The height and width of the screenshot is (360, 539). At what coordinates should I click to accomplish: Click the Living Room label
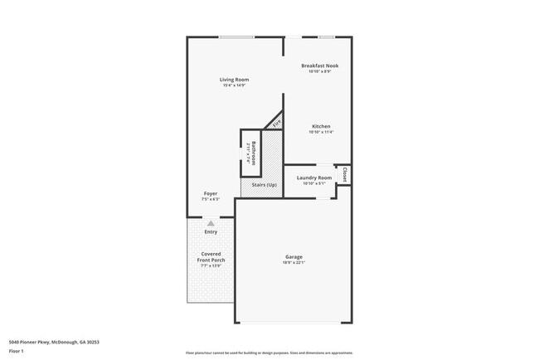click(x=234, y=80)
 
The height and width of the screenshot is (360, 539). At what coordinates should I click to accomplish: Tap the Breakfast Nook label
click(x=319, y=66)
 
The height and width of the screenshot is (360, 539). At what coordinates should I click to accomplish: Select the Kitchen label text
click(x=320, y=127)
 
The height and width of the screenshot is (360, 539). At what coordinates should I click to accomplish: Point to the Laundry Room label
click(x=314, y=178)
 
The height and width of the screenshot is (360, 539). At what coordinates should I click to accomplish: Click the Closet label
click(x=345, y=175)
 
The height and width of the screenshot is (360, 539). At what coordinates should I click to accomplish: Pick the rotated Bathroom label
click(x=255, y=153)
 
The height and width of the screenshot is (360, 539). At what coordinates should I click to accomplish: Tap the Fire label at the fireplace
click(x=277, y=124)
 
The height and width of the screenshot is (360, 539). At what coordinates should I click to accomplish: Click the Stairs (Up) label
click(x=264, y=184)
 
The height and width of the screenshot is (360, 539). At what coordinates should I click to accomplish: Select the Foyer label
click(x=211, y=193)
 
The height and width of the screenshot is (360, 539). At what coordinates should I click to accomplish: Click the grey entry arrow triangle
click(x=211, y=223)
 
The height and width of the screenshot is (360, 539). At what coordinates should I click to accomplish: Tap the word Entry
click(x=211, y=231)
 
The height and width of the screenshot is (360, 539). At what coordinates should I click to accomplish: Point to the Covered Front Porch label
click(x=211, y=257)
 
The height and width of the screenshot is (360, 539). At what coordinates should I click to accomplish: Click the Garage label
click(x=294, y=257)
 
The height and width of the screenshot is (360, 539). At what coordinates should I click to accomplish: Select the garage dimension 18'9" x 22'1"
click(x=294, y=263)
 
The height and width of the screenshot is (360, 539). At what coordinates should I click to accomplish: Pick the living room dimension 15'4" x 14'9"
click(x=234, y=85)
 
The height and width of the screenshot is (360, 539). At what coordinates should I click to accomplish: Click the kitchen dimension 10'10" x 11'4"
click(x=320, y=133)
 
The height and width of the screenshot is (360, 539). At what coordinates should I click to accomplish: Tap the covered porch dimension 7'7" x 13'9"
click(x=211, y=265)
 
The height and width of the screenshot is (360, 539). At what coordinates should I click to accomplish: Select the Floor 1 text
click(x=17, y=353)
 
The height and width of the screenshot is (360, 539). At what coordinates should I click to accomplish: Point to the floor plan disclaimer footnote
click(x=269, y=353)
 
